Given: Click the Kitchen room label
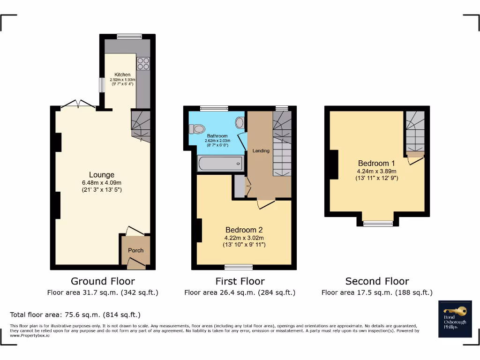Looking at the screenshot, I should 122,75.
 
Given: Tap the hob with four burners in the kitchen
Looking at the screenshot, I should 143,63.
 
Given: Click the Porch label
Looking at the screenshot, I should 135,250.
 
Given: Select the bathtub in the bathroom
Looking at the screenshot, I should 220,164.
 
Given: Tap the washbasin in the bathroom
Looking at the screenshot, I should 240,123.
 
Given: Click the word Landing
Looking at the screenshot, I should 261,150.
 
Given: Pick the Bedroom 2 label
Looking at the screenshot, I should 244,230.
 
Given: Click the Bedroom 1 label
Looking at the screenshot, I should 376,164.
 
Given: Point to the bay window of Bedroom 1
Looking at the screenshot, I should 378,224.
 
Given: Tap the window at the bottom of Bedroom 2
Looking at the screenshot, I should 239,268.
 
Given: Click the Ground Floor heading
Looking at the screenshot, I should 103,281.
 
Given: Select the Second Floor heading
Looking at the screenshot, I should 377,281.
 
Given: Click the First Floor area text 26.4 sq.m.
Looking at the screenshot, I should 240,292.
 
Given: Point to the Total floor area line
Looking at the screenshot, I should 75,315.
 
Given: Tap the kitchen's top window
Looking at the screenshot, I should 129,36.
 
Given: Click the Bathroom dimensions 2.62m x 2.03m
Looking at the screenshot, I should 216,141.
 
